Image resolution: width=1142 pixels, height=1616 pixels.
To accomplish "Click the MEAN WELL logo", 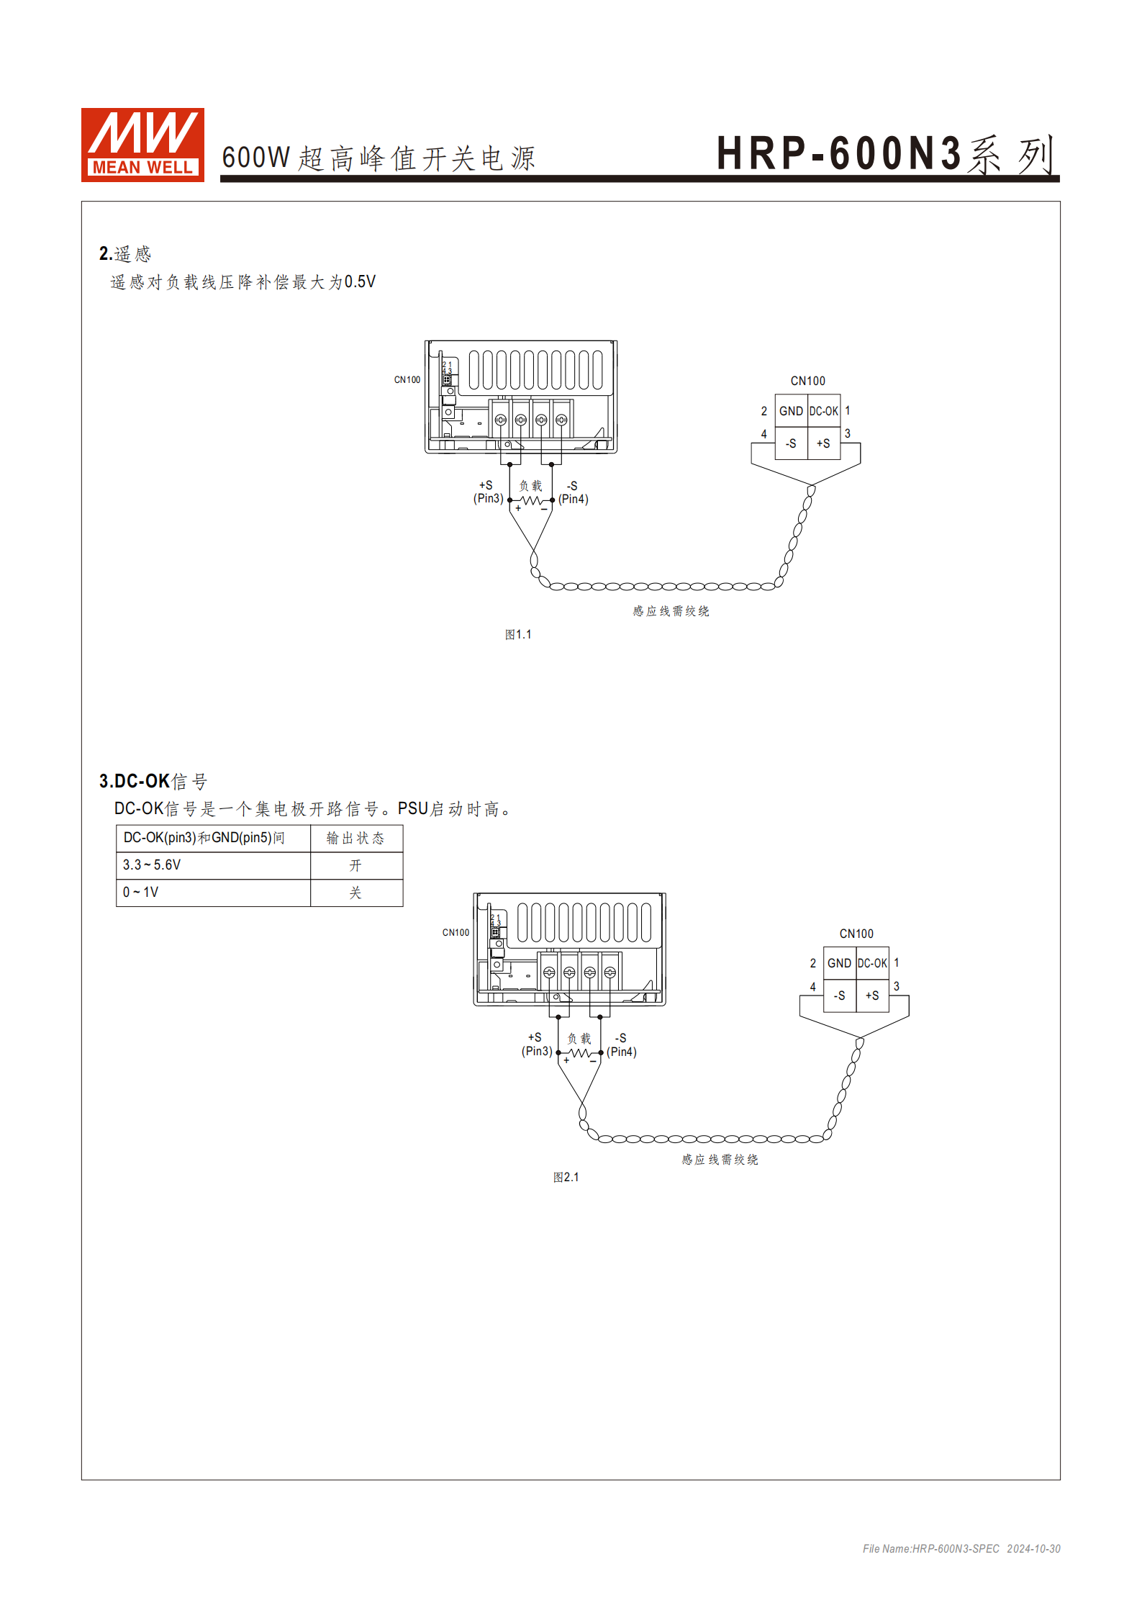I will [142, 145].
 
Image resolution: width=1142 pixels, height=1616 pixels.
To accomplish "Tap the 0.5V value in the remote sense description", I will [360, 281].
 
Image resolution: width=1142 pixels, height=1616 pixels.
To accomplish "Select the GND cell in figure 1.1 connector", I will [791, 411].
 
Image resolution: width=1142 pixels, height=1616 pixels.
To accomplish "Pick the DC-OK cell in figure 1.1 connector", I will [824, 411].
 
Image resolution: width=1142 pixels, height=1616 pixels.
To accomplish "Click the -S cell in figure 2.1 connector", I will [839, 996].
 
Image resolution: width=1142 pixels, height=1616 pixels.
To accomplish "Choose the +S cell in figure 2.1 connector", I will [872, 996].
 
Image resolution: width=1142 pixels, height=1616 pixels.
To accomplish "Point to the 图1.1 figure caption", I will [518, 634].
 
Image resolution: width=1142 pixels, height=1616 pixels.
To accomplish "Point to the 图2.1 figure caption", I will [566, 1177].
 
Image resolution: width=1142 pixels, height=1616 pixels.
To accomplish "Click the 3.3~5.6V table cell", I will [152, 865].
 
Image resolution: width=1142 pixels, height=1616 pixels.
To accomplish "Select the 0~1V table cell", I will [140, 892].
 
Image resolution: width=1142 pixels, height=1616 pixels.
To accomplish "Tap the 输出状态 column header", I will [355, 838].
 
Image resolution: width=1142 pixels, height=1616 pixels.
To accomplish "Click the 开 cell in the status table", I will [355, 865].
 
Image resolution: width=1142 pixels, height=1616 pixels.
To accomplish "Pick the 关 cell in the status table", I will [355, 893].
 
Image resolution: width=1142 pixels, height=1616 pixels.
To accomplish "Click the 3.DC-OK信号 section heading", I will [153, 781].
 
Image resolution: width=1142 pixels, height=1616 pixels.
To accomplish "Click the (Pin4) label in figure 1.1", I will [574, 499].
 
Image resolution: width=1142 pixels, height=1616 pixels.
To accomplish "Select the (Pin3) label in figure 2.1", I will [537, 1051].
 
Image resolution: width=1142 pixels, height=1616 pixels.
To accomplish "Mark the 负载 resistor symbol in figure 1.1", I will [531, 500].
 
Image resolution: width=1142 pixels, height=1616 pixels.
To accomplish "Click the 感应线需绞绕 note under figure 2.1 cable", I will [720, 1159].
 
